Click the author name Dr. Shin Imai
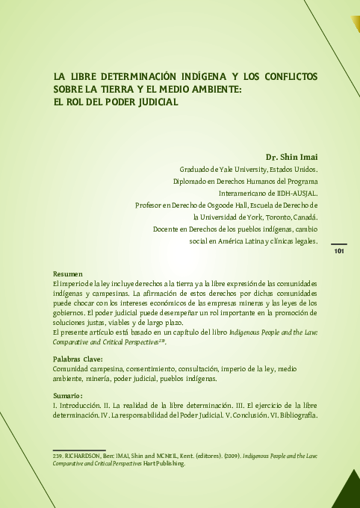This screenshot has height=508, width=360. click(292, 157)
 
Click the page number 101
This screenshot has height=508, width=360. click(338, 252)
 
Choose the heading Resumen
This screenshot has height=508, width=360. click(67, 274)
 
